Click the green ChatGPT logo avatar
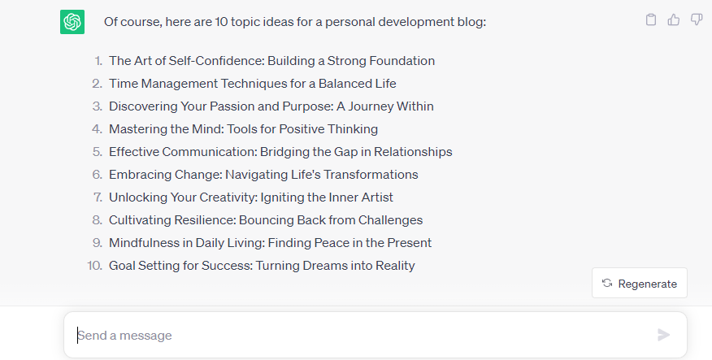[72, 22]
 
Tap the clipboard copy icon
[651, 20]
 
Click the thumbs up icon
[674, 20]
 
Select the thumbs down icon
[697, 20]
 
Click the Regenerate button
[640, 284]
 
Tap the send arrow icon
[663, 335]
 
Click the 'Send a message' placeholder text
[124, 336]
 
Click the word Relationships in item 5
[413, 152]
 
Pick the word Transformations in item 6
[371, 175]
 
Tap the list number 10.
[95, 266]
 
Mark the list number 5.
[98, 152]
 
